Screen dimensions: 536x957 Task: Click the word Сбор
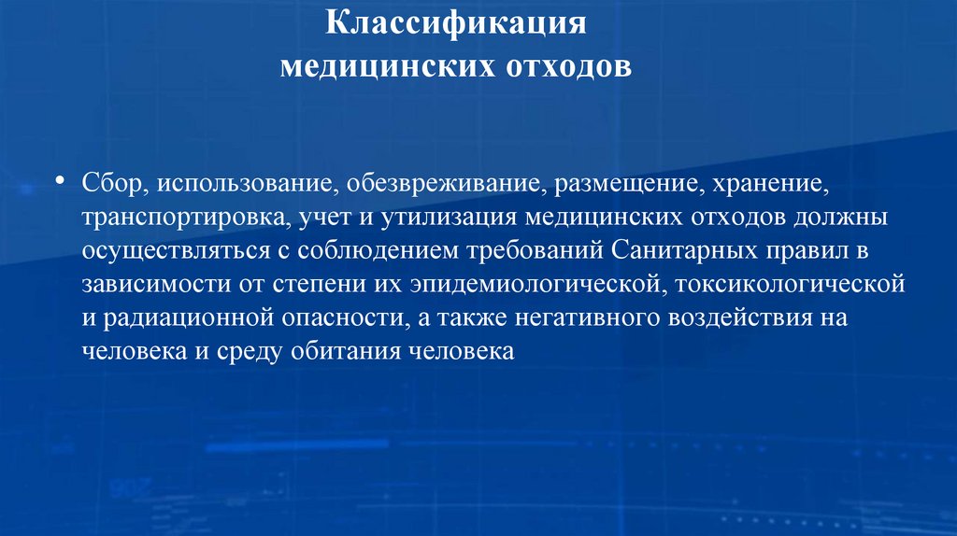(107, 184)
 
